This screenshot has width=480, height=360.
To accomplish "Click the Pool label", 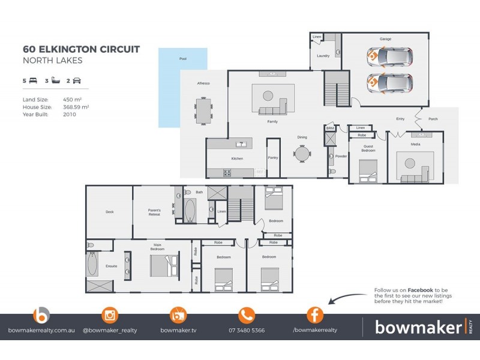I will coord(183,59).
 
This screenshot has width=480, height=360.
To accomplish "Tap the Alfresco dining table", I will coord(204,111).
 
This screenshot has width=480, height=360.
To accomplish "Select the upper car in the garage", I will coord(391,57).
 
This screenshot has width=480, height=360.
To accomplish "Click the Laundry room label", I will coord(323,56).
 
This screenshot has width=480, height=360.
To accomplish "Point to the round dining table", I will coord(302,154).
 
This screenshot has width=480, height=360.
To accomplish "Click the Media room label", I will coord(415,145).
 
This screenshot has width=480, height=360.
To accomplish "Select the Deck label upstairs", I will coord(109,212).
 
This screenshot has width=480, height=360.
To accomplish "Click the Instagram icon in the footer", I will coord(109,315).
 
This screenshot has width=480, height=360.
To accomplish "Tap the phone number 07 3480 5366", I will coord(247,330).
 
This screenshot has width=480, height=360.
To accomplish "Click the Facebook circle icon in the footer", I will coord(315,315).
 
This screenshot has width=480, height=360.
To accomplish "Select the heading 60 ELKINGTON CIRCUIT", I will coord(81,49).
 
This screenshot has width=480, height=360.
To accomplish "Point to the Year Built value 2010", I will coord(69,114).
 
